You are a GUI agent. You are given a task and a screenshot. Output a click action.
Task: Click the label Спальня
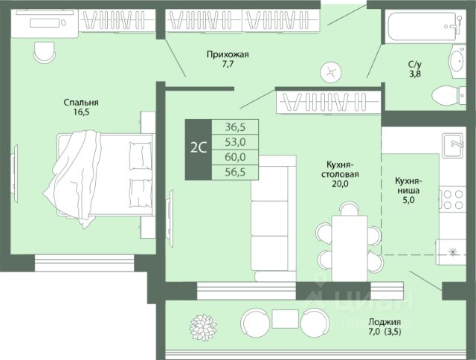[81, 103]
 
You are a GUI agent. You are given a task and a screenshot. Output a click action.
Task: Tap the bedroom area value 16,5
[81, 112]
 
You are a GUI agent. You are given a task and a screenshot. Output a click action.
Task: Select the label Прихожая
[228, 54]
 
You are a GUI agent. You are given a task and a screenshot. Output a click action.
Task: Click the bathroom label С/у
[415, 65]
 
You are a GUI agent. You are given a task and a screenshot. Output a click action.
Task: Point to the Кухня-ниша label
[408, 185]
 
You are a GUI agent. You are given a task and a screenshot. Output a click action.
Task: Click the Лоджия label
[385, 321]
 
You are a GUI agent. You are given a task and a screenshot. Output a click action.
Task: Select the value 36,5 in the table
[235, 127]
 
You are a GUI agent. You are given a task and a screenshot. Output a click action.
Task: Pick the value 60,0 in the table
[235, 157]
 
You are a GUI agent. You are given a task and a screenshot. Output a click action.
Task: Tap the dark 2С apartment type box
[199, 150]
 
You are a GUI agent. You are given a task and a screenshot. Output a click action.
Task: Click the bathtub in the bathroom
[422, 26]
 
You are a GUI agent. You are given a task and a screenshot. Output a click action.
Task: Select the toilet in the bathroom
[448, 96]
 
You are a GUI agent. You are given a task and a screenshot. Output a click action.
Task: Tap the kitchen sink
[452, 145]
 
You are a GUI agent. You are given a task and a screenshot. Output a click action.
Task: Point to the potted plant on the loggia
[203, 327]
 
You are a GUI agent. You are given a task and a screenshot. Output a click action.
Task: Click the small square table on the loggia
[285, 318]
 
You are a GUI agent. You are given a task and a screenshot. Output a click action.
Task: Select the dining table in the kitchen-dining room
[350, 248]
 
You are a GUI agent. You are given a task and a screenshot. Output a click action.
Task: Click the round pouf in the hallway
[330, 73]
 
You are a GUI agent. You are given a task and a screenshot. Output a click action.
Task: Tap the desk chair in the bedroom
[44, 53]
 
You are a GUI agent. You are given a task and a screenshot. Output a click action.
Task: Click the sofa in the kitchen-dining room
[273, 219]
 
